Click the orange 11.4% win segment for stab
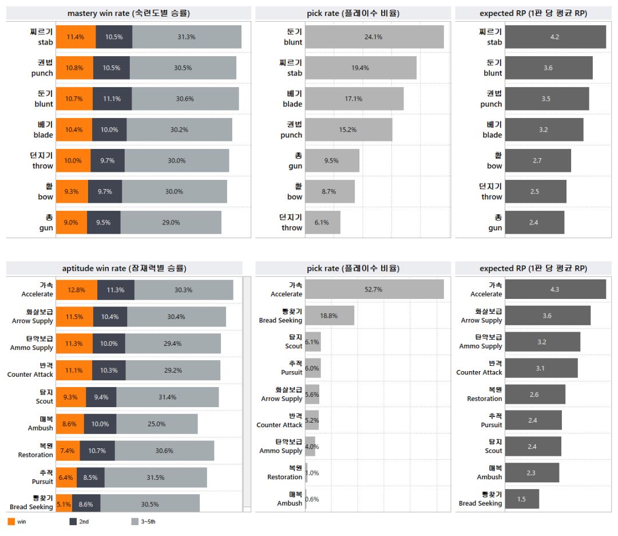[x=76, y=37]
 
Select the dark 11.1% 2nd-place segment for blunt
[x=112, y=98]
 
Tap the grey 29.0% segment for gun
[x=171, y=222]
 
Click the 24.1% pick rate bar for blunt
[x=374, y=37]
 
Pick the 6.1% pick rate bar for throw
[x=323, y=222]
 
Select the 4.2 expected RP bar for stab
[x=555, y=37]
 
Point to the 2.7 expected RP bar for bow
[x=538, y=160]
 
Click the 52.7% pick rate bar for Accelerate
[x=374, y=289]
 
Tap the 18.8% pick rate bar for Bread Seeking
[x=330, y=316]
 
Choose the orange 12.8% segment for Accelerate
[x=77, y=290]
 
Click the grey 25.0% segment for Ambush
[x=157, y=424]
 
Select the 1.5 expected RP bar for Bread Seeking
[x=522, y=499]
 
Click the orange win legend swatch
[x=11, y=522]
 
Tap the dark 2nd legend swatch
[x=73, y=522]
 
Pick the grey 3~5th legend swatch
[x=135, y=522]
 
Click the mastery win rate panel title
[x=129, y=13]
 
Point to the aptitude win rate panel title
[x=124, y=268]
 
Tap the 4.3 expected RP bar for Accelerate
[x=555, y=289]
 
